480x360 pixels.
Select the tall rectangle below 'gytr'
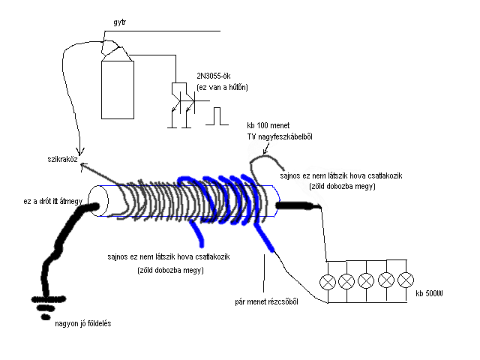(x=118, y=88)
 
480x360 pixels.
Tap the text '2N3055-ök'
(x=213, y=76)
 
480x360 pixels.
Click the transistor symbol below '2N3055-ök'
(x=181, y=101)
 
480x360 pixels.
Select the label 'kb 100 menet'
(x=268, y=124)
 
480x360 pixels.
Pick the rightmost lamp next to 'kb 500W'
(x=406, y=281)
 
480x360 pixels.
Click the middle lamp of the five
(x=366, y=281)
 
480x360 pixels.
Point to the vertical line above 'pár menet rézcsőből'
(x=264, y=273)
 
